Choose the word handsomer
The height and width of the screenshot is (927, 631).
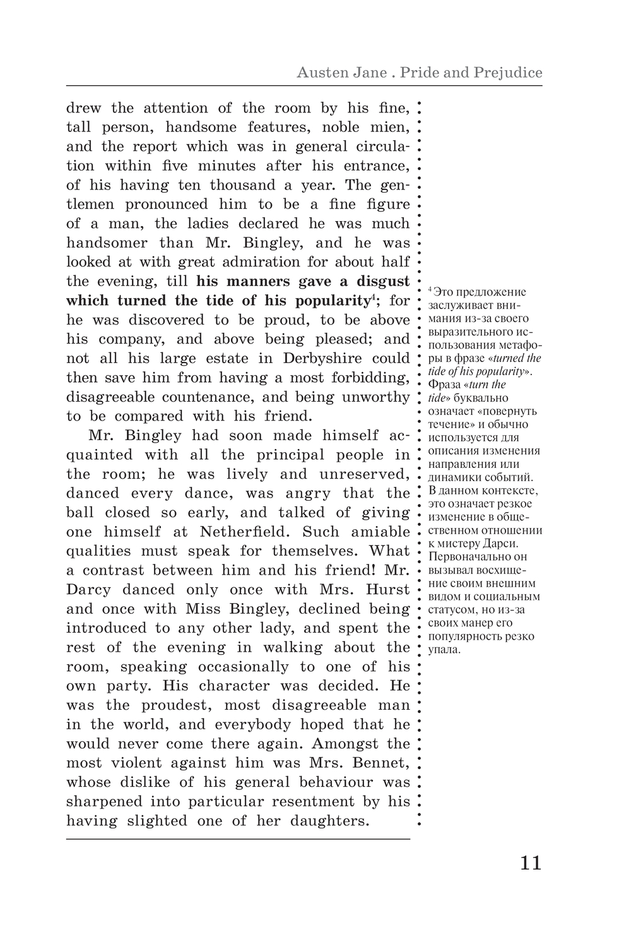tap(107, 243)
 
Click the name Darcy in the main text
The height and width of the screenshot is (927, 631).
tap(88, 590)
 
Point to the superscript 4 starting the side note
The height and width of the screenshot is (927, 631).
tap(430, 289)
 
